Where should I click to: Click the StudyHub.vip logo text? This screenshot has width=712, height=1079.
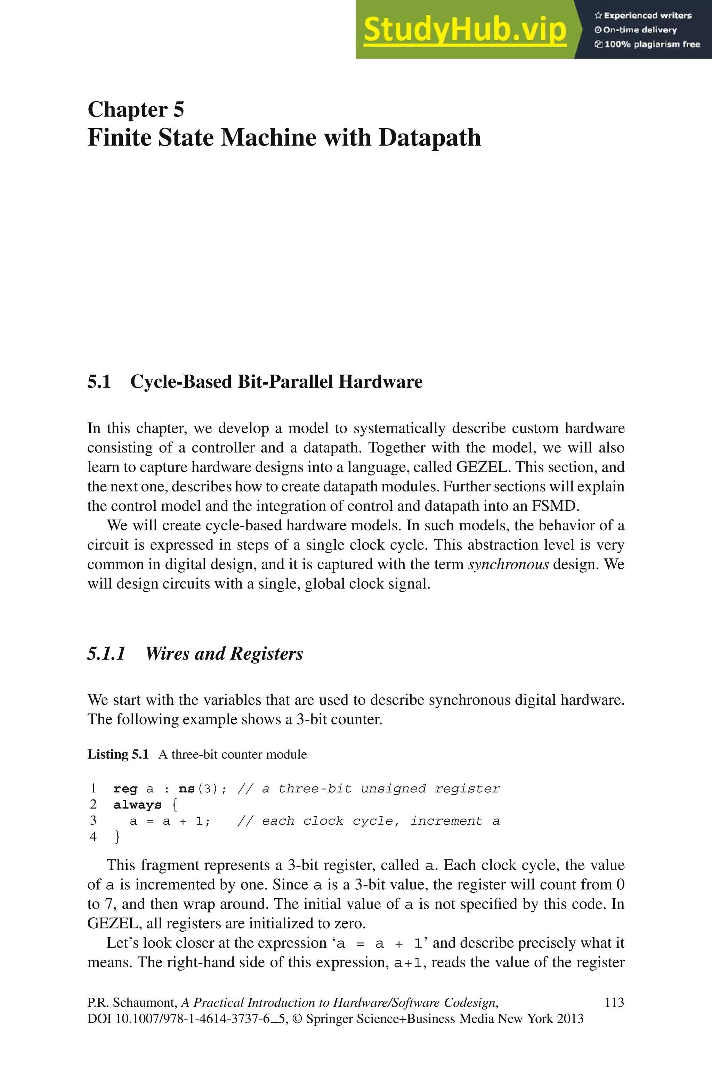point(464,30)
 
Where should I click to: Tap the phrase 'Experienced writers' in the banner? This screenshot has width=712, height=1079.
point(647,15)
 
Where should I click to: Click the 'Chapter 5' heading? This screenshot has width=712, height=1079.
point(136,109)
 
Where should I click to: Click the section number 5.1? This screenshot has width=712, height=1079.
point(99,382)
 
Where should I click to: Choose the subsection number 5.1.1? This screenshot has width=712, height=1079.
point(106,653)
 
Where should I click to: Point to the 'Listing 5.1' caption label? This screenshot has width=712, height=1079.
point(118,754)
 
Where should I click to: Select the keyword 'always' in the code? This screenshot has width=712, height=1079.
point(137,805)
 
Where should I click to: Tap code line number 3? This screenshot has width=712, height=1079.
point(93,820)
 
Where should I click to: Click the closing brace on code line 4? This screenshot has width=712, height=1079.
point(118,837)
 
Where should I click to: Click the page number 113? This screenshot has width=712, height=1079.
point(614,1002)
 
